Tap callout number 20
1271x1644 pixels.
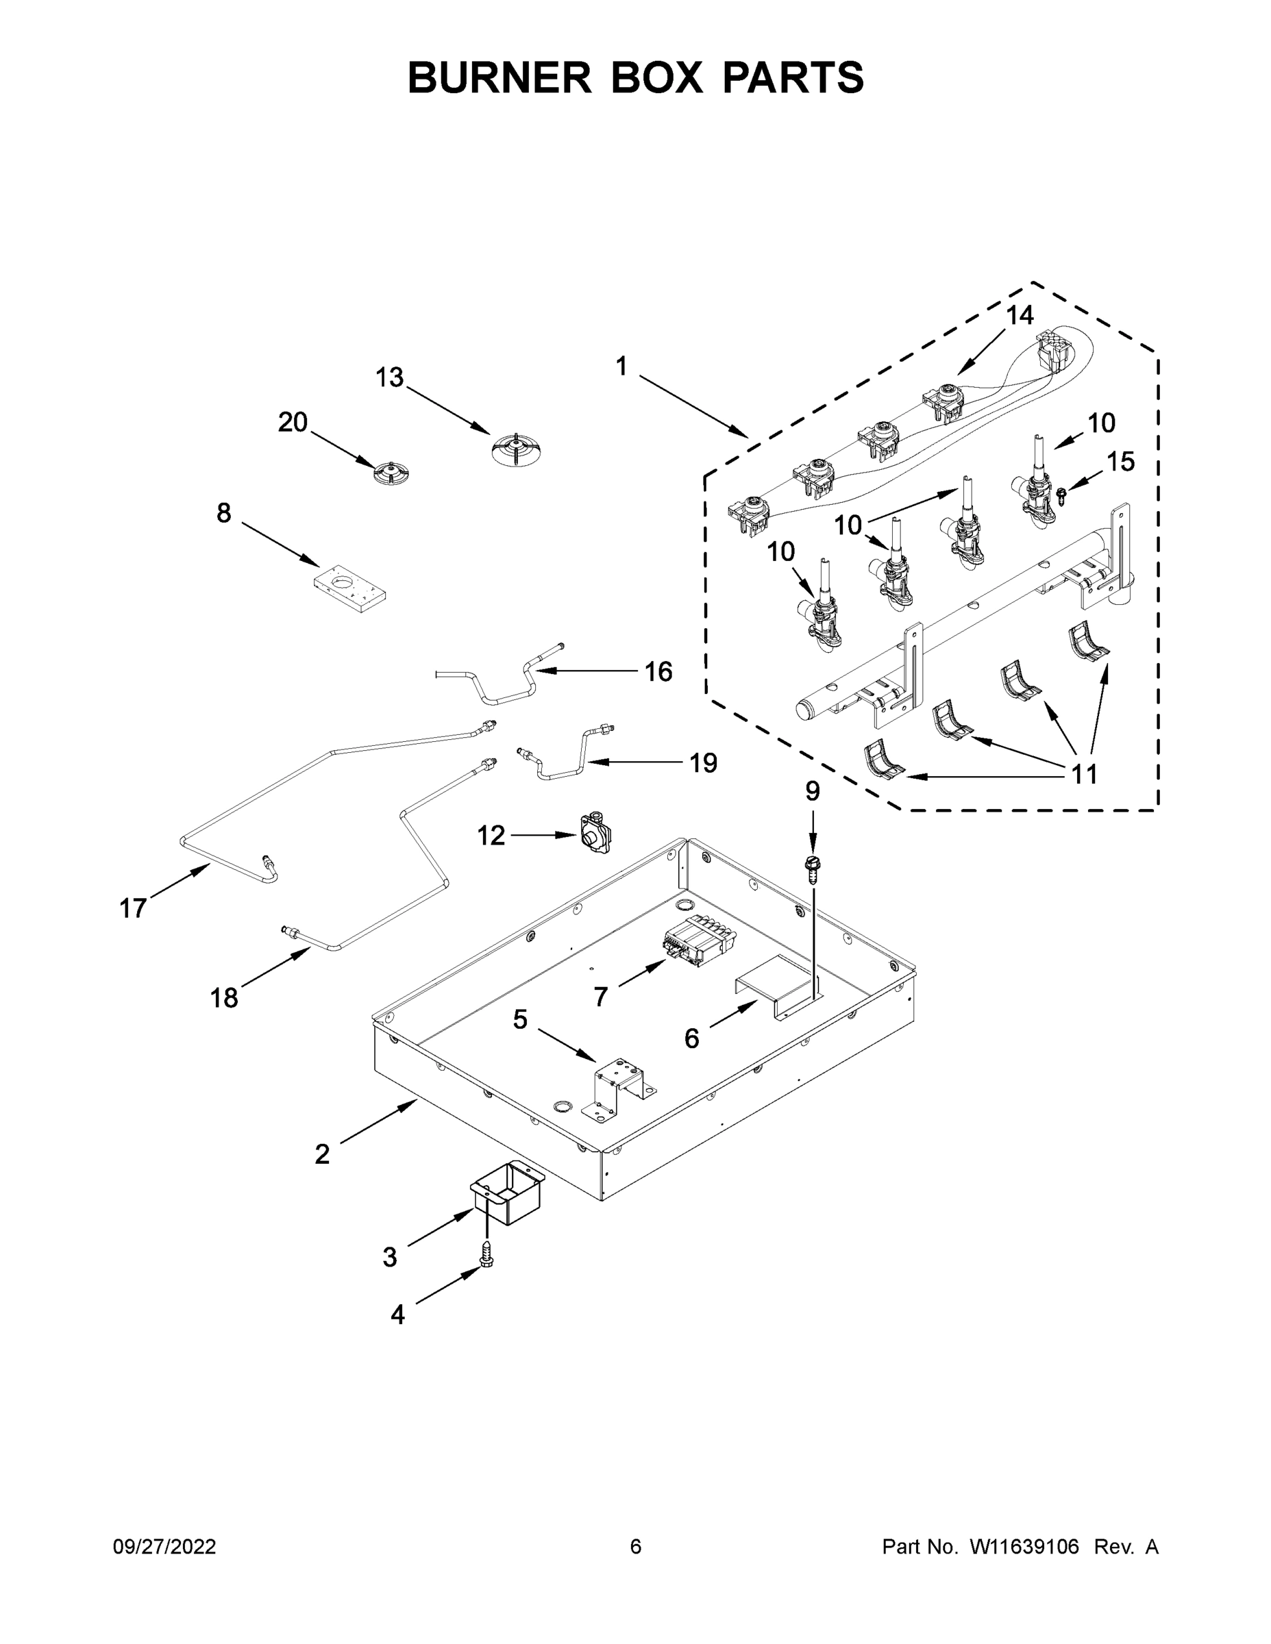point(293,422)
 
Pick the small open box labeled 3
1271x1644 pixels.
point(508,1192)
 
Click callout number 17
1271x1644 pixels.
point(134,908)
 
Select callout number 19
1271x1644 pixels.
point(703,762)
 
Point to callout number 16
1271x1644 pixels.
point(658,671)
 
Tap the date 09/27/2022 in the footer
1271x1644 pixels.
point(164,1546)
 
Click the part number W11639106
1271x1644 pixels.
point(1024,1546)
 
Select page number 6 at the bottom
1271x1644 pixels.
point(636,1546)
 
